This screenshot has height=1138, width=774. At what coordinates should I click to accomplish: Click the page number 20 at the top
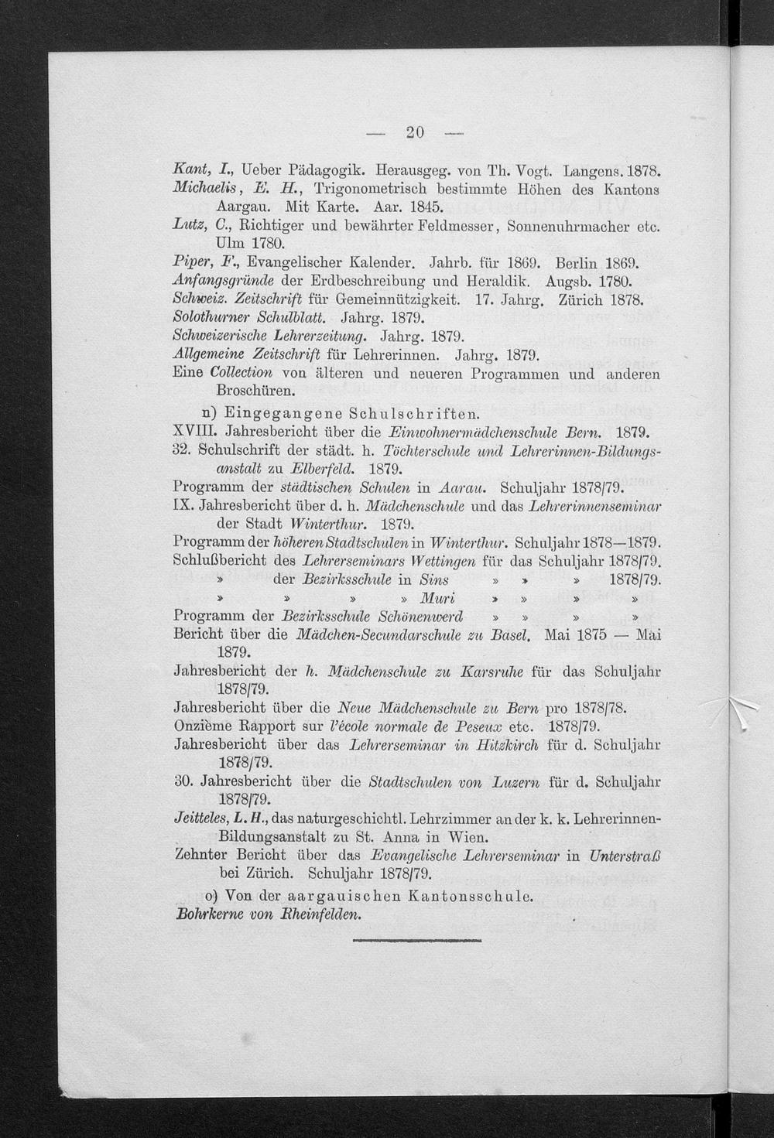point(414,132)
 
